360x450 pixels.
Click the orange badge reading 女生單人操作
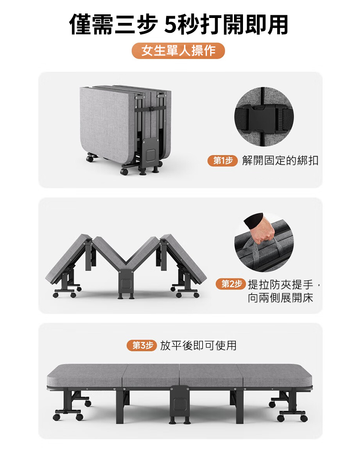tap(178, 51)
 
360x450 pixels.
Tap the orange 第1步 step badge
tap(222, 160)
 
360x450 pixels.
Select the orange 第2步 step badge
tap(231, 284)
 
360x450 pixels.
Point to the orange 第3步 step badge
tap(142, 346)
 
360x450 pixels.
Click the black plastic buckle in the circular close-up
tap(264, 118)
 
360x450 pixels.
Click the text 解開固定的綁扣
tap(280, 160)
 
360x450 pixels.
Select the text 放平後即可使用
tap(198, 346)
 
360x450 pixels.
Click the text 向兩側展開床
tap(280, 297)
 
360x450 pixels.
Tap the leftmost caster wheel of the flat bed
tap(57, 417)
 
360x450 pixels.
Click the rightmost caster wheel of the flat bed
tap(304, 418)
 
